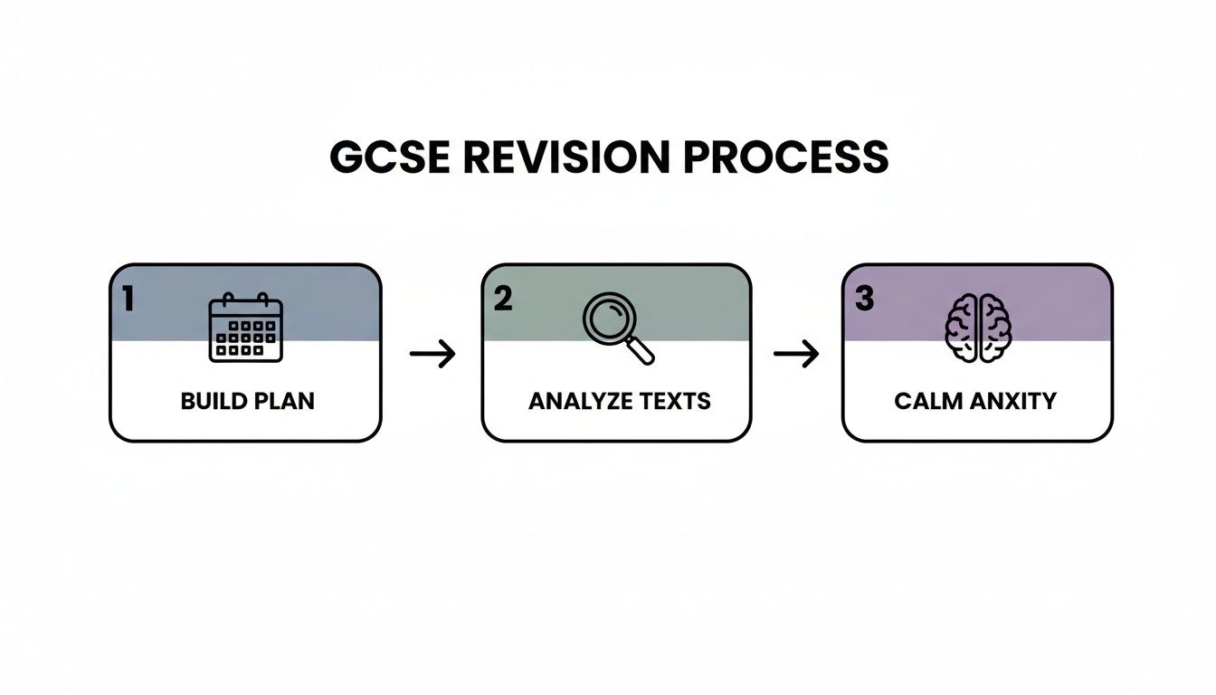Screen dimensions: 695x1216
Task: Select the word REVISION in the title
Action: [x=561, y=157]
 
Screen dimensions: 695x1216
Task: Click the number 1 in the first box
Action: [x=128, y=299]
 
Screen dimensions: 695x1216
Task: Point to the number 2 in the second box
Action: [x=503, y=299]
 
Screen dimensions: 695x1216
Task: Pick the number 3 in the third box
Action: [x=864, y=299]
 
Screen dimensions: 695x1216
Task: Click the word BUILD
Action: [x=214, y=401]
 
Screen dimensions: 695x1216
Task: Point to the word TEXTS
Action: [x=676, y=401]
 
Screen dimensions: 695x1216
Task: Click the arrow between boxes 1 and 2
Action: [x=432, y=354]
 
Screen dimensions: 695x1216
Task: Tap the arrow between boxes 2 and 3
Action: [x=796, y=354]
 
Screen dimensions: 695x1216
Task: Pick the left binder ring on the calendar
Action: [x=229, y=300]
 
